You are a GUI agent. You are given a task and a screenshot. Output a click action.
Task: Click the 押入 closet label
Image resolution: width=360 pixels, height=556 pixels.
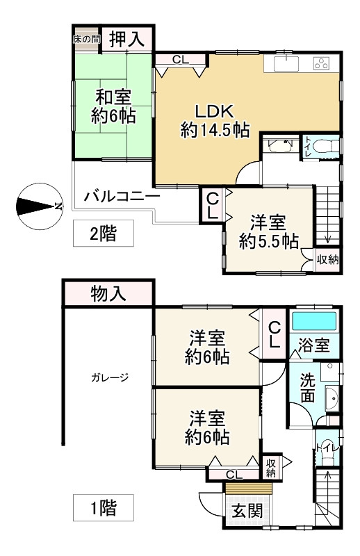(x=127, y=40)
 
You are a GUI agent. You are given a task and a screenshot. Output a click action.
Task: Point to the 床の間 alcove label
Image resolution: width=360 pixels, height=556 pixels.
(x=87, y=39)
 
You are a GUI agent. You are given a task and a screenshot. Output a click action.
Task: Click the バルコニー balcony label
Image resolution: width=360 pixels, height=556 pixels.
(x=122, y=197)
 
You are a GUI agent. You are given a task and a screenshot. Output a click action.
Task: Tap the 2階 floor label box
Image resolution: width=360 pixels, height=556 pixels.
(x=104, y=234)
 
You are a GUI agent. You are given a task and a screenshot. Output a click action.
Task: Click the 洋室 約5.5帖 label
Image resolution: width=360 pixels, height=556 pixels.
(x=269, y=232)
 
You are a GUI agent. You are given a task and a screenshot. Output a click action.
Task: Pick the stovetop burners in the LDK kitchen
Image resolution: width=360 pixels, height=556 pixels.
(x=322, y=64)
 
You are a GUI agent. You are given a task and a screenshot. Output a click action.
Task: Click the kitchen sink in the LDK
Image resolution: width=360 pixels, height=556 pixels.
(x=286, y=64)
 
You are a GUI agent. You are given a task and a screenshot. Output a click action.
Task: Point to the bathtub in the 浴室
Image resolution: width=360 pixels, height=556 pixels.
(x=313, y=322)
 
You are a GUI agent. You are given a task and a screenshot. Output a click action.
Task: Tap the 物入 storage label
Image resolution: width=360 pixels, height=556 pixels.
(x=108, y=294)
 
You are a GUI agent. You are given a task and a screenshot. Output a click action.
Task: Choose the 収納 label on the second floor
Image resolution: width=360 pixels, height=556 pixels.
(x=328, y=260)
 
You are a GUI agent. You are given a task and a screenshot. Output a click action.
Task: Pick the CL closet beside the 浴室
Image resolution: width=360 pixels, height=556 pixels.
(x=275, y=335)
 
